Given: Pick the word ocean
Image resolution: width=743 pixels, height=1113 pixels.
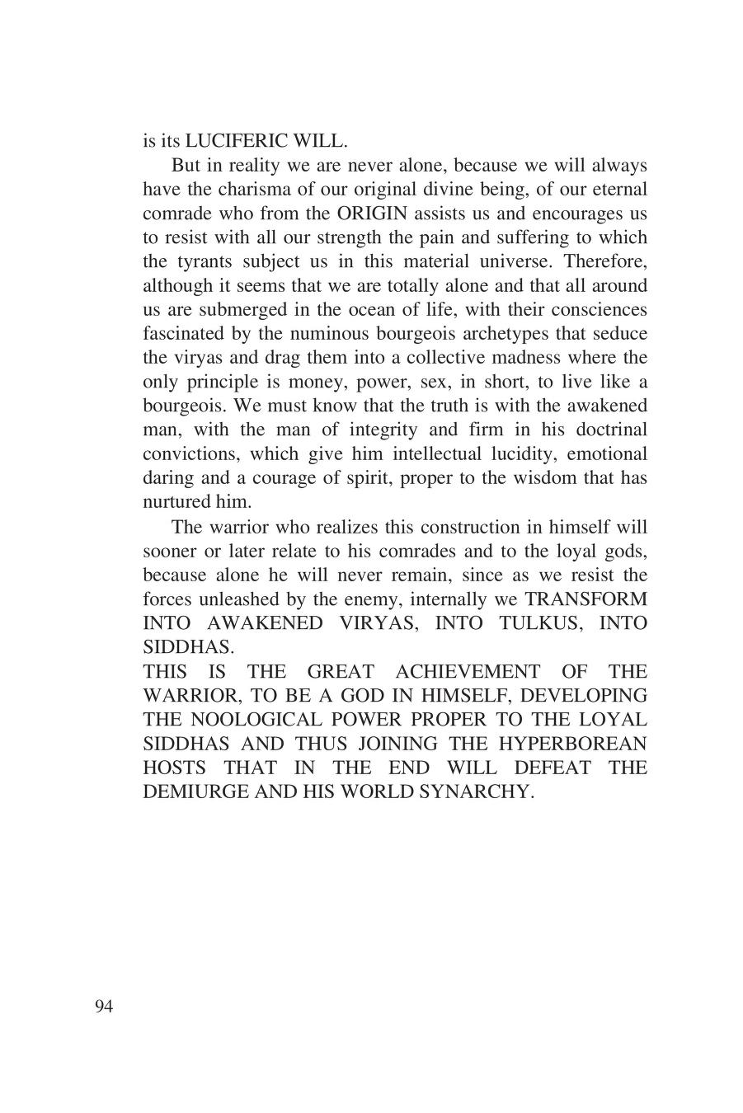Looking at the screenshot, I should (x=382, y=310).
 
